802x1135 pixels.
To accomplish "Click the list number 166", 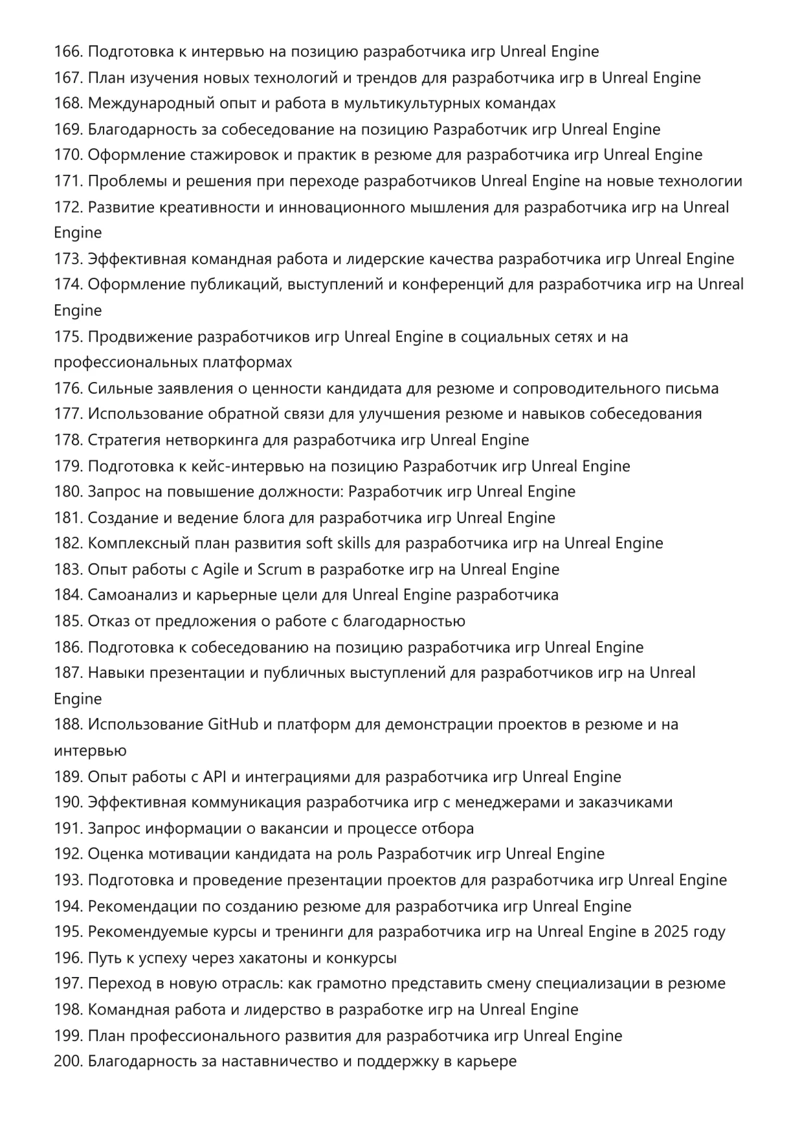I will [x=68, y=52].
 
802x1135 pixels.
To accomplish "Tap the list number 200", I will [x=68, y=1061].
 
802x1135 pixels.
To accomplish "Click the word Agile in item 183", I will [x=221, y=569].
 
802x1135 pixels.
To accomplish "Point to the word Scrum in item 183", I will [x=280, y=569].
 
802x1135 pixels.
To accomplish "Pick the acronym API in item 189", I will [x=214, y=776].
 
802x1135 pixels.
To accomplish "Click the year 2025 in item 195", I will [x=671, y=932].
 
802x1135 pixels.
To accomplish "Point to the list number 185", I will [x=68, y=621].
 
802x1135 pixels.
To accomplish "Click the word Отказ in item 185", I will [x=108, y=621].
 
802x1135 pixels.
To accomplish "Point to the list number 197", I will [x=68, y=983].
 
